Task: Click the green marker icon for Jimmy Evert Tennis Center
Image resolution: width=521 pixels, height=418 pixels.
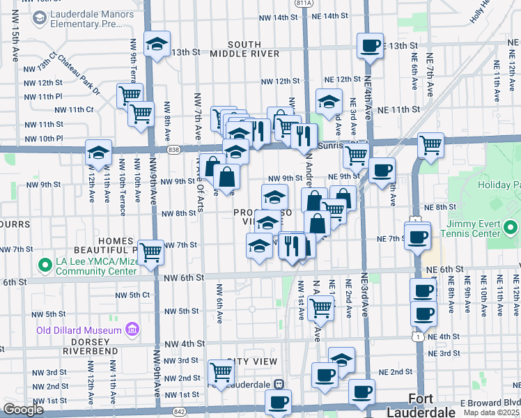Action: tap(511, 228)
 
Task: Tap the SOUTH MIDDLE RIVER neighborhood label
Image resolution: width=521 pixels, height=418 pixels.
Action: tap(244, 49)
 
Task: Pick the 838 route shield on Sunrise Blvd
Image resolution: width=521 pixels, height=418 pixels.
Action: tap(173, 149)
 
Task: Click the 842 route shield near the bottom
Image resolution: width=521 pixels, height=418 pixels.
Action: tap(180, 412)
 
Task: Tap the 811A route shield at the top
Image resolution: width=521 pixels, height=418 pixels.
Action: tap(304, 3)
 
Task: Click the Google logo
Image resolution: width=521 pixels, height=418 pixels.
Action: tap(24, 410)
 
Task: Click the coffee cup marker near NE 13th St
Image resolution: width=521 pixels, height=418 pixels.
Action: tap(369, 46)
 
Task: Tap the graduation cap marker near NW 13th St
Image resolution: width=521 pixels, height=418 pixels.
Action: tap(157, 45)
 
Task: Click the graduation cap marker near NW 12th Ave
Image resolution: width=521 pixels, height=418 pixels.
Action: tap(98, 153)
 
